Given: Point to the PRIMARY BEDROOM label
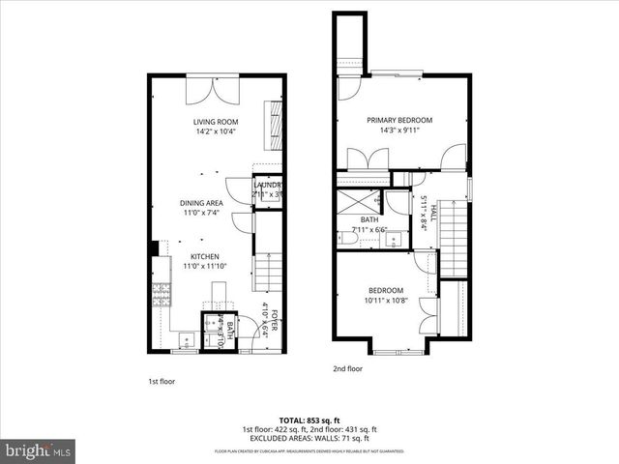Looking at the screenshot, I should point(398,120).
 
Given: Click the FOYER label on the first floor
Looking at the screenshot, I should point(275,321).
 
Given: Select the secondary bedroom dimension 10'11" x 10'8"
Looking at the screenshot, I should point(385,301).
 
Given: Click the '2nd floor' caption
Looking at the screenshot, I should point(348,368).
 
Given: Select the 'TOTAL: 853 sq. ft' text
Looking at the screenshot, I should point(309,420).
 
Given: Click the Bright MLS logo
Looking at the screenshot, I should point(38,450).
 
